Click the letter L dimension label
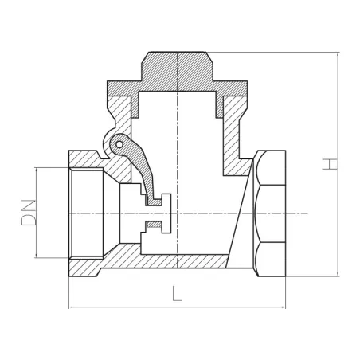[x=176, y=292]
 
